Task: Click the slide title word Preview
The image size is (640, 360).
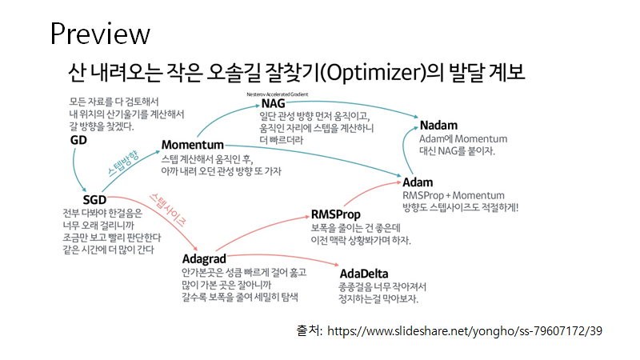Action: coord(100,34)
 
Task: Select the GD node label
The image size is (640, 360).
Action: coord(78,140)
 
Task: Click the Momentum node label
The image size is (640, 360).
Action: coord(192,145)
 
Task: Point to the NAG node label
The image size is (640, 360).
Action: coord(273,104)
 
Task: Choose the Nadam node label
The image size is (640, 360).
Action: coord(439,125)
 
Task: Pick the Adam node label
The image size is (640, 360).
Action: coord(418,182)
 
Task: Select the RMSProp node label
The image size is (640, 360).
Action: coord(335,214)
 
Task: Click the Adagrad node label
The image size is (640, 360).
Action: coord(204,258)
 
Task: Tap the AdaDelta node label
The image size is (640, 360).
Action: coord(363,274)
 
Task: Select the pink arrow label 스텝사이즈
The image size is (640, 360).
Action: coord(169,206)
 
